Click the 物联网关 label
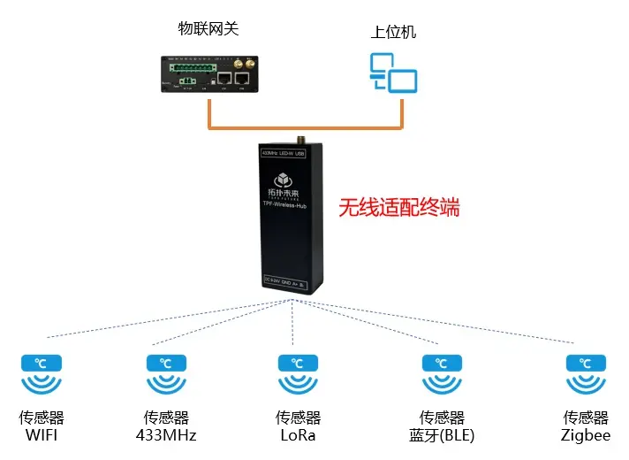pyautogui.click(x=208, y=29)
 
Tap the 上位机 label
pyautogui.click(x=393, y=33)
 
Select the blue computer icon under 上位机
pyautogui.click(x=392, y=73)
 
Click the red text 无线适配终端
pyautogui.click(x=399, y=209)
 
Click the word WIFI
pyautogui.click(x=42, y=434)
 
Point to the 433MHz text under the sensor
pyautogui.click(x=166, y=434)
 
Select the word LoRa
pyautogui.click(x=298, y=434)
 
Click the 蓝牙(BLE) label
pyautogui.click(x=442, y=434)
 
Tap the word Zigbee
pyautogui.click(x=586, y=434)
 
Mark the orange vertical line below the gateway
pyautogui.click(x=210, y=113)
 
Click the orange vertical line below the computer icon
pyautogui.click(x=402, y=113)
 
